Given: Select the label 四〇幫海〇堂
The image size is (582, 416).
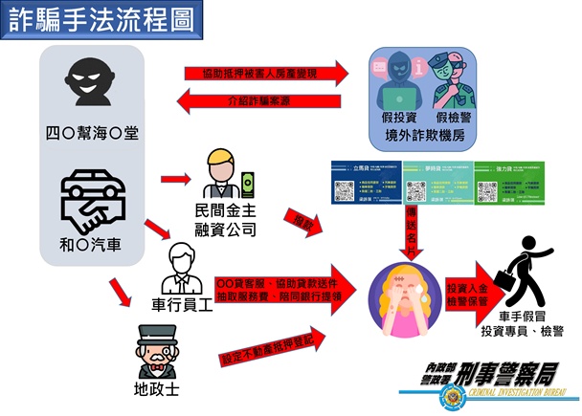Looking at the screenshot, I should [92, 132].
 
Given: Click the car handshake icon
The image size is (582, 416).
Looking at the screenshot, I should [92, 199].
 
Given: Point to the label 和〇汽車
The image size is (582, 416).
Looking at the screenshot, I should [92, 245].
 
